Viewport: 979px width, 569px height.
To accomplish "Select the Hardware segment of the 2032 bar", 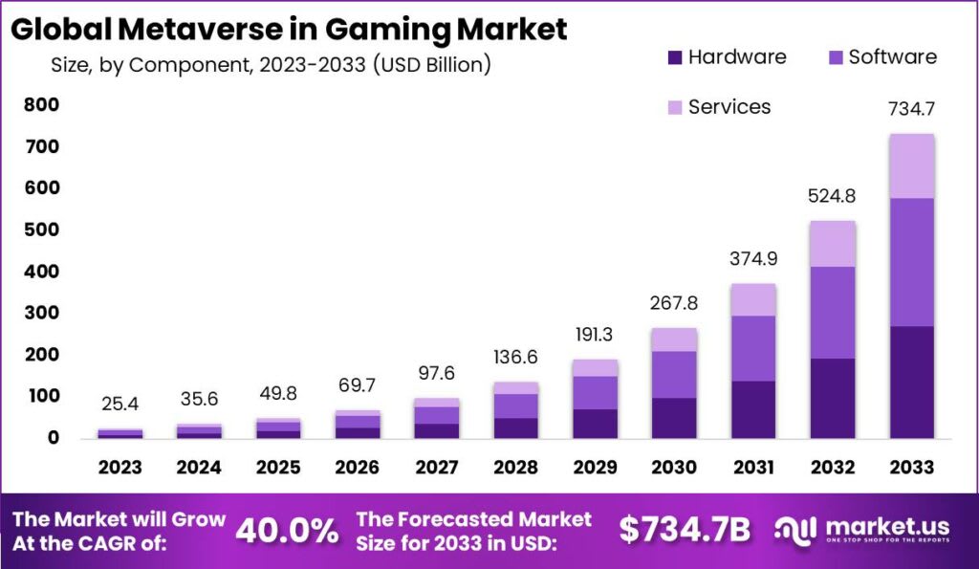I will coord(833,398).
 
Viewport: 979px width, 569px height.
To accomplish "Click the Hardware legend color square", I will coord(675,57).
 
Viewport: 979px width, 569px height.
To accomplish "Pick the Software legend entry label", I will coord(893,56).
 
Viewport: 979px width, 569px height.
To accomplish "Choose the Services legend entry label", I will coord(729,106).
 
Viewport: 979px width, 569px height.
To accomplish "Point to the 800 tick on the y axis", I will coord(41,105).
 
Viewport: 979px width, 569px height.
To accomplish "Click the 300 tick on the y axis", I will coord(41,313).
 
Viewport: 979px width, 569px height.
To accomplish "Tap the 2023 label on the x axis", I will coord(120,468).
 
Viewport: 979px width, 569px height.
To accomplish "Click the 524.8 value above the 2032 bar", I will coord(833,197).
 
